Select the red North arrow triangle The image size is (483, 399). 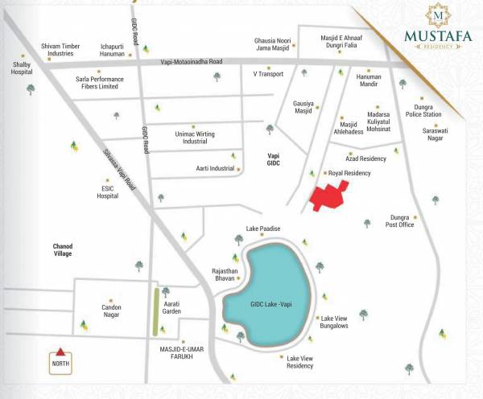(x=59, y=352)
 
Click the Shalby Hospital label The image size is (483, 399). (x=22, y=67)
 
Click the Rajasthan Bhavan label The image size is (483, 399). (x=226, y=274)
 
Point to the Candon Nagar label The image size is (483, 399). (x=110, y=312)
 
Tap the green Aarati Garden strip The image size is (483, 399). (x=154, y=311)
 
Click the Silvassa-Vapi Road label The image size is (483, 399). (x=121, y=174)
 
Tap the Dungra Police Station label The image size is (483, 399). (x=424, y=110)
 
